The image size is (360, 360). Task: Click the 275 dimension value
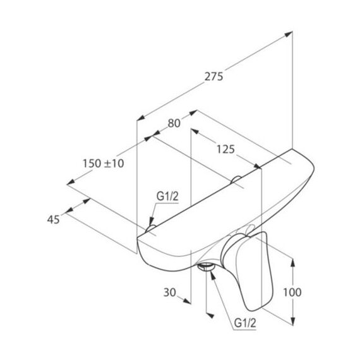pyautogui.click(x=213, y=76)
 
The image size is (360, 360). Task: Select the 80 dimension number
pyautogui.click(x=174, y=123)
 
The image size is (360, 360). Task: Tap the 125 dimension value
pyautogui.click(x=225, y=149)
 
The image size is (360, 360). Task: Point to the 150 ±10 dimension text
pyautogui.click(x=103, y=164)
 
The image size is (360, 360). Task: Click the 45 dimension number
pyautogui.click(x=54, y=220)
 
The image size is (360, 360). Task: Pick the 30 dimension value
pyautogui.click(x=170, y=292)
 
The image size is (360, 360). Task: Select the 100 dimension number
pyautogui.click(x=292, y=292)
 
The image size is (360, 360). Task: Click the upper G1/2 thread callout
pyautogui.click(x=167, y=196)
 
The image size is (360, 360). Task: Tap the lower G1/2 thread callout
pyautogui.click(x=245, y=323)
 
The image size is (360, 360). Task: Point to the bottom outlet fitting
pyautogui.click(x=206, y=267)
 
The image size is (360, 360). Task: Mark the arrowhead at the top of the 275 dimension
pyautogui.click(x=288, y=34)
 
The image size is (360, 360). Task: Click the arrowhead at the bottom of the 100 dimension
pyautogui.click(x=292, y=321)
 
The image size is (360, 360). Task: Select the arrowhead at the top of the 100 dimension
pyautogui.click(x=292, y=263)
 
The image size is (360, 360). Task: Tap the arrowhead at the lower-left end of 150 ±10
pyautogui.click(x=71, y=182)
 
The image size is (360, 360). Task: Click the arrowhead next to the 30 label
pyautogui.click(x=187, y=301)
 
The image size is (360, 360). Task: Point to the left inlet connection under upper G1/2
pyautogui.click(x=150, y=229)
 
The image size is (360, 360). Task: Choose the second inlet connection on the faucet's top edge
pyautogui.click(x=236, y=179)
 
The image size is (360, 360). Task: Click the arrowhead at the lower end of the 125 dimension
pyautogui.click(x=258, y=166)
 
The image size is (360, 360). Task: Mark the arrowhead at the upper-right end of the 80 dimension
pyautogui.click(x=193, y=112)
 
